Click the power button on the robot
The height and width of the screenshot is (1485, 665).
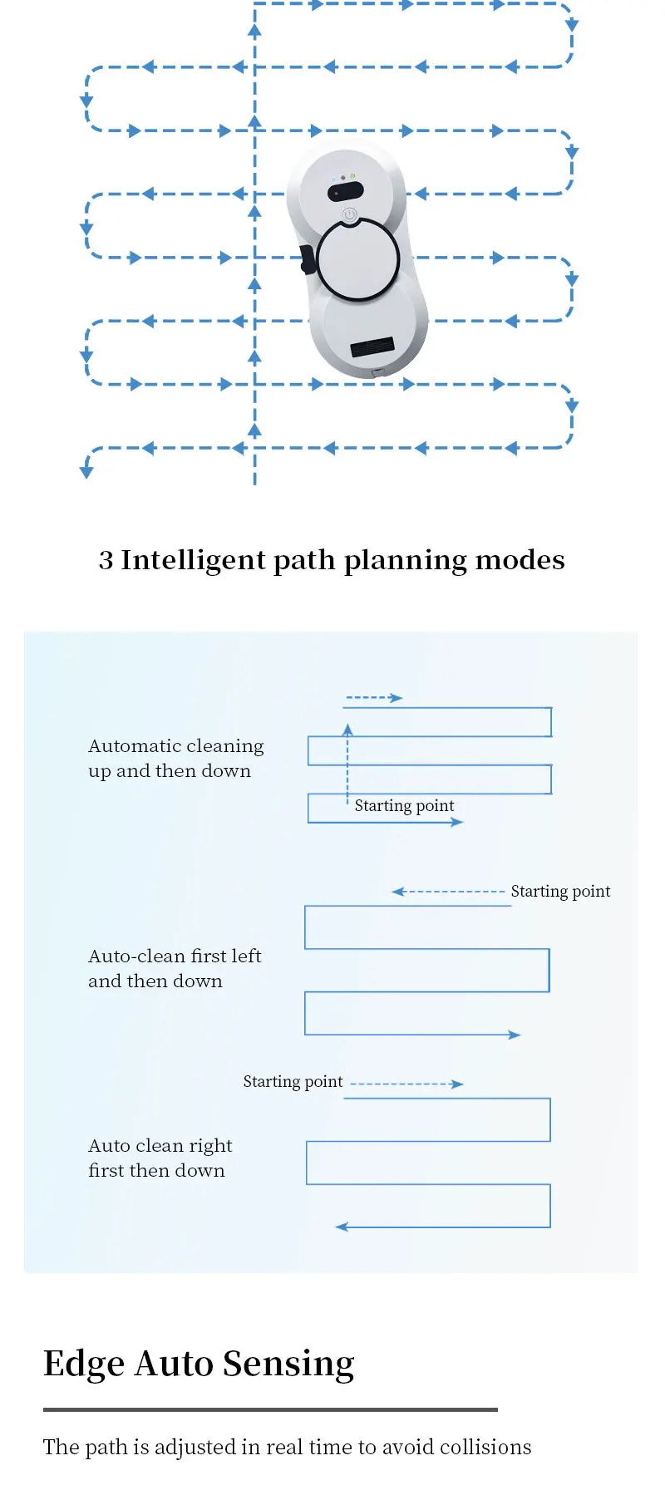[x=350, y=214]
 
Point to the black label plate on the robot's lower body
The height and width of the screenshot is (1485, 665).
[x=372, y=347]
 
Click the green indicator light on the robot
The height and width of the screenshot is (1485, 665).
[x=352, y=176]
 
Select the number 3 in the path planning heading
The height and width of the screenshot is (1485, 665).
[x=106, y=561]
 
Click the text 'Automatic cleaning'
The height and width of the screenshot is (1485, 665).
[x=176, y=746]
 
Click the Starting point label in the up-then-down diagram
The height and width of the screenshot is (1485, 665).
[x=404, y=805]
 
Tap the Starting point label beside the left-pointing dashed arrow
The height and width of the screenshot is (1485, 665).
[x=560, y=891]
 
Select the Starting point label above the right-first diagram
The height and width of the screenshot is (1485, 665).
[x=293, y=1081]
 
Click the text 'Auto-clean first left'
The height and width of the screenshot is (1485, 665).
[x=175, y=956]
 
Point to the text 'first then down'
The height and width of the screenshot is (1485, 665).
[x=156, y=1171]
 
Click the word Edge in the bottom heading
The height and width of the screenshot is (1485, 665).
[x=83, y=1365]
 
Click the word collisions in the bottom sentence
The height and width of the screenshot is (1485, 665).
[x=485, y=1447]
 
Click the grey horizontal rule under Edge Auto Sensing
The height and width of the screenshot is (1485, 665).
[x=270, y=1409]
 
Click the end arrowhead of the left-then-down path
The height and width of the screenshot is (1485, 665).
[x=515, y=1035]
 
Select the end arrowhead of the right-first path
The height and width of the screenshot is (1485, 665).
[x=341, y=1227]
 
